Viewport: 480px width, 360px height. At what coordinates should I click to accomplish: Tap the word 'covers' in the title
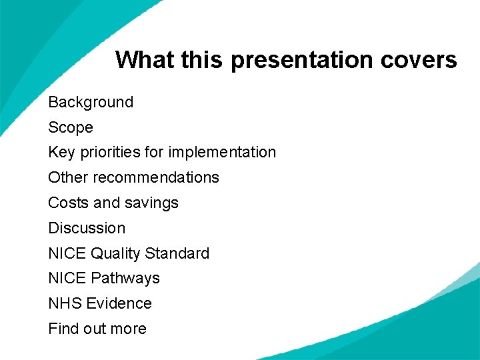point(419,60)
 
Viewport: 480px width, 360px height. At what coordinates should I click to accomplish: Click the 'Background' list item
point(91,102)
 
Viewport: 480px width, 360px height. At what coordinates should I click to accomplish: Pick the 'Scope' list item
point(71,127)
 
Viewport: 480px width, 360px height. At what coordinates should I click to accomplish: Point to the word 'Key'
point(61,153)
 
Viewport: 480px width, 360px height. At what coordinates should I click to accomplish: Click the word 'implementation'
point(222,153)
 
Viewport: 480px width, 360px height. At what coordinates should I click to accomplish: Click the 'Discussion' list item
point(87,228)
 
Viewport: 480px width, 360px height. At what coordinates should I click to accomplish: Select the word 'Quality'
point(116,253)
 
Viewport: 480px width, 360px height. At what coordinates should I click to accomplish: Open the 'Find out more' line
point(97,329)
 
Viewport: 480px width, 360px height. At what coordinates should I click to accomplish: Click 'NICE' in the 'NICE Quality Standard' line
point(67,253)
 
